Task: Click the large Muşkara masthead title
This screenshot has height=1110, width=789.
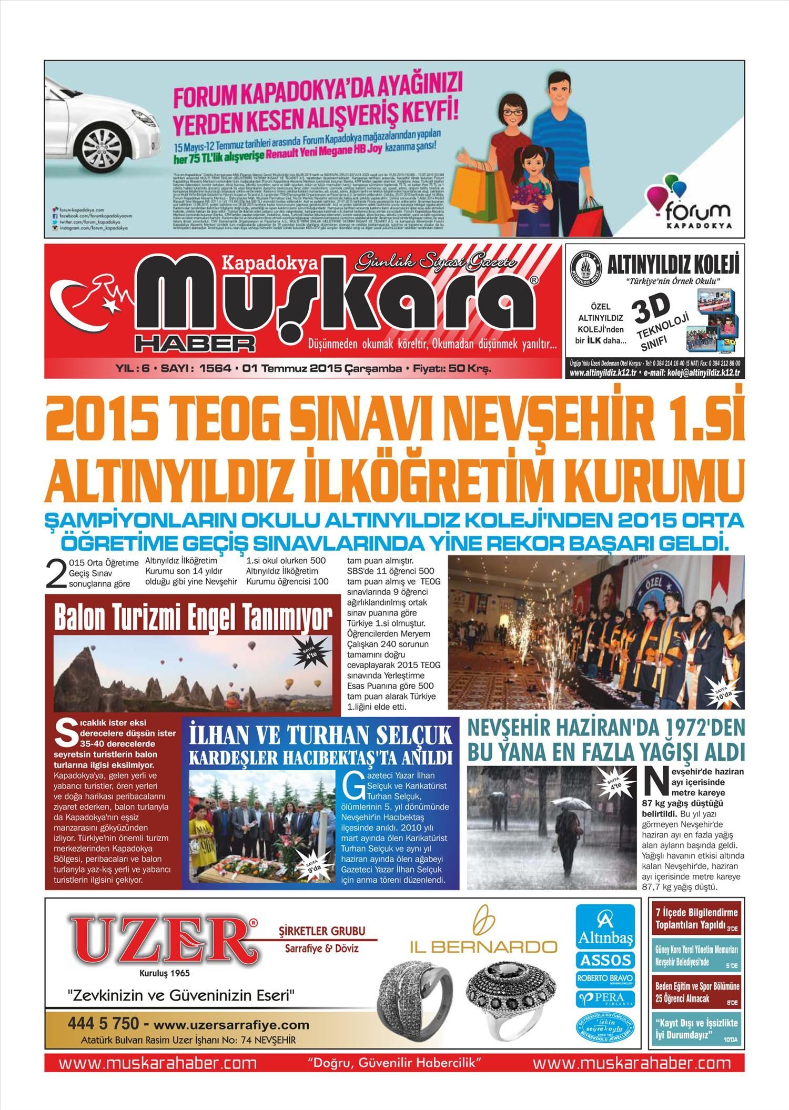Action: (x=337, y=305)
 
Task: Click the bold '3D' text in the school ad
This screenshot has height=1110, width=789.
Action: (x=652, y=309)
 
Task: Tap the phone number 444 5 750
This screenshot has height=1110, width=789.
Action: (x=103, y=1024)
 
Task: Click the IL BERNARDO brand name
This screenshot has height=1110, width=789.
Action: (x=483, y=947)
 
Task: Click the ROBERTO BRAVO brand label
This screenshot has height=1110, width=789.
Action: (x=605, y=979)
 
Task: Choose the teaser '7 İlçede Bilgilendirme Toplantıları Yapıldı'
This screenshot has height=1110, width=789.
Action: (x=696, y=918)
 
